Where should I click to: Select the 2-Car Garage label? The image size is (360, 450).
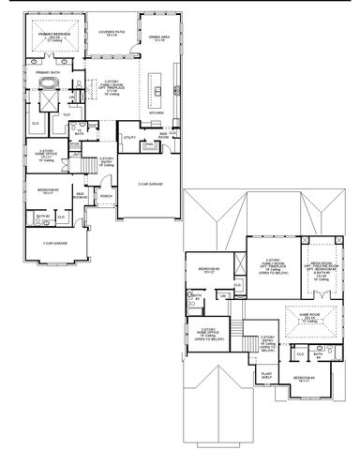click(x=151, y=185)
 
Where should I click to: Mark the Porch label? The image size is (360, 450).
click(x=106, y=196)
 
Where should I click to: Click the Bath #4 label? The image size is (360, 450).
click(x=320, y=354)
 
